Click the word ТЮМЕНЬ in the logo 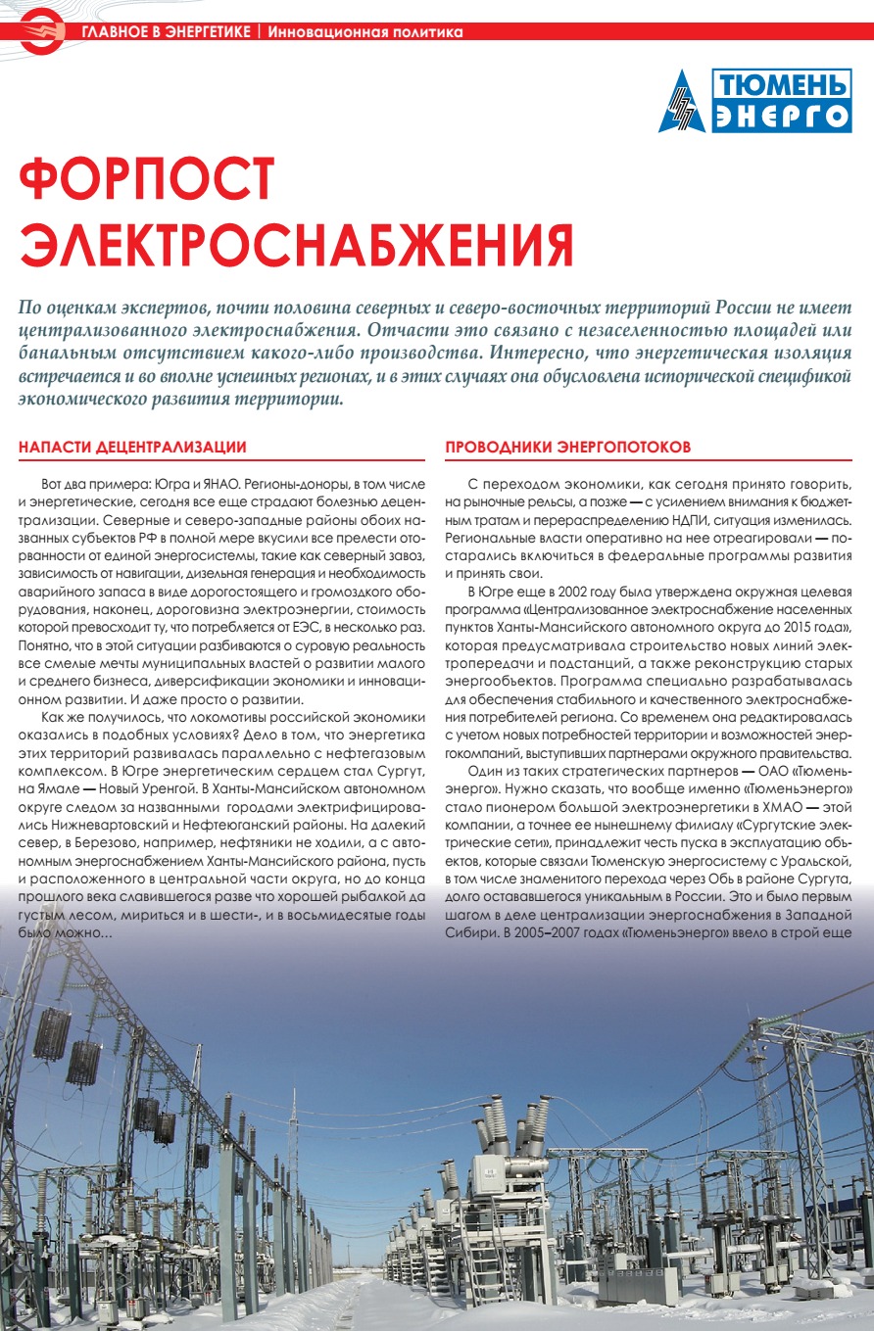pyautogui.click(x=780, y=85)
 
